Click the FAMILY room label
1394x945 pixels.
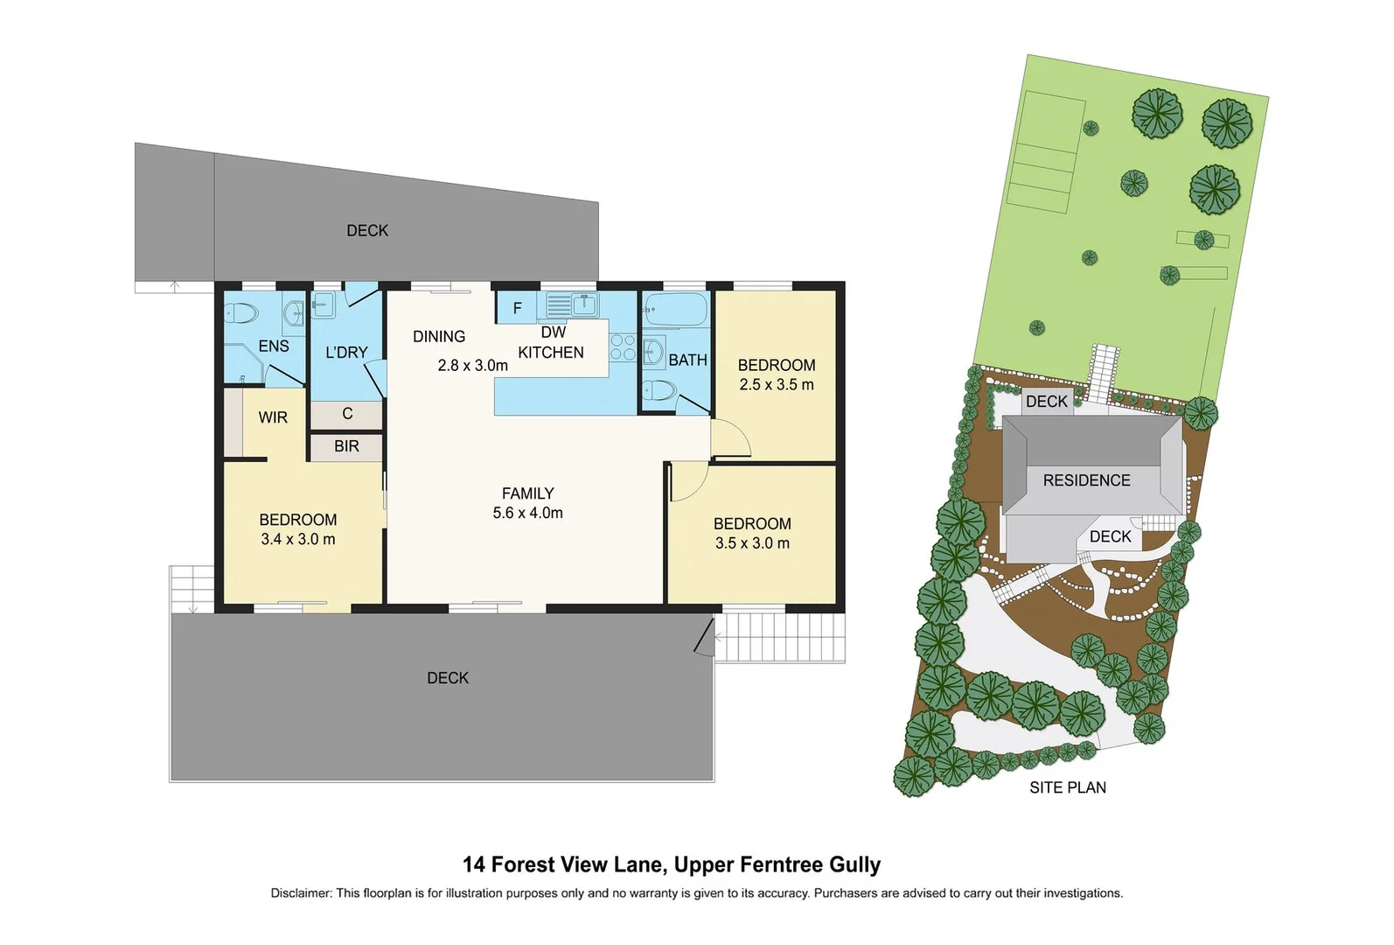(x=527, y=493)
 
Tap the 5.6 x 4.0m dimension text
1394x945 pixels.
(x=527, y=514)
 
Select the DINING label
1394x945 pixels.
(x=439, y=337)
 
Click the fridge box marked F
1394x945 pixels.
(x=517, y=308)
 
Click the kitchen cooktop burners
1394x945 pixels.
(x=623, y=347)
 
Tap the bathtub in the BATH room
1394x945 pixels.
(x=675, y=308)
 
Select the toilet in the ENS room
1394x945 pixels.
(x=242, y=313)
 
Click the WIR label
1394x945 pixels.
(x=273, y=418)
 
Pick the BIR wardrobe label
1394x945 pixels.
(x=346, y=446)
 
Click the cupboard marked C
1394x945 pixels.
(x=347, y=414)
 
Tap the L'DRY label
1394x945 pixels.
(x=346, y=353)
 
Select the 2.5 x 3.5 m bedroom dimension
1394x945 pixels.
(x=777, y=385)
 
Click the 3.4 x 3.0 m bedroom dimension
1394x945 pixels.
(x=297, y=540)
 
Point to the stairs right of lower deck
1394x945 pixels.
(x=781, y=637)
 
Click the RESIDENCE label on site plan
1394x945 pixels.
(x=1086, y=480)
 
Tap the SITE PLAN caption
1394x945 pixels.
(x=1067, y=787)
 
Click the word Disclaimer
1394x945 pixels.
(x=301, y=893)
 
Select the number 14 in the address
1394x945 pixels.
(x=473, y=864)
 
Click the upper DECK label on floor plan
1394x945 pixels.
(x=367, y=231)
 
